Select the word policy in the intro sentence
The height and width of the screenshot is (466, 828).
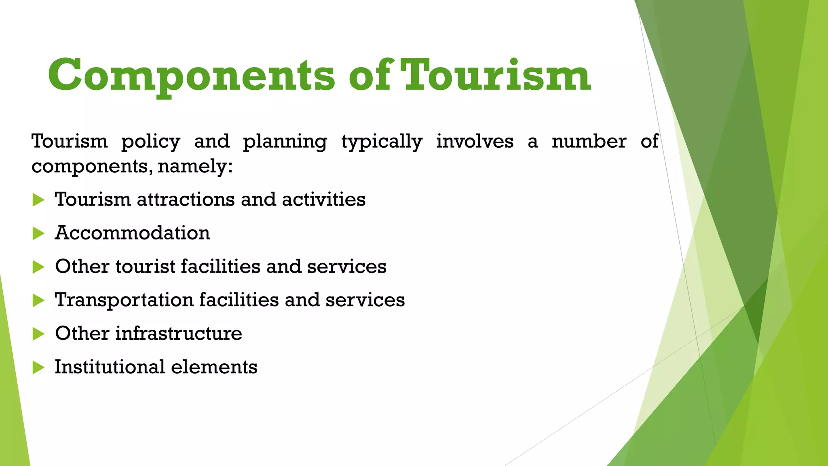(151, 142)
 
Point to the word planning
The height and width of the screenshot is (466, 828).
(285, 142)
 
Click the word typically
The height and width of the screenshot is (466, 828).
(382, 142)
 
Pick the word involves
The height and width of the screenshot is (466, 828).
(475, 141)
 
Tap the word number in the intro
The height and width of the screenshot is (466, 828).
(589, 141)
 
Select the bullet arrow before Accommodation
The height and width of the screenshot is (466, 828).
(38, 233)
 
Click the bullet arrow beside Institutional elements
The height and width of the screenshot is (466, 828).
(38, 367)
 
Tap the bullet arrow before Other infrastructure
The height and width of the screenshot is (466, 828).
(38, 334)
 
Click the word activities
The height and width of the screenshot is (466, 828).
(323, 199)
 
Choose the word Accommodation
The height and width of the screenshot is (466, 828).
(133, 233)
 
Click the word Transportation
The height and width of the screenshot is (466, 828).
(124, 300)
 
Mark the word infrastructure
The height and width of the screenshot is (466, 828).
(179, 334)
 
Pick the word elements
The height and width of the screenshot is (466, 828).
(214, 367)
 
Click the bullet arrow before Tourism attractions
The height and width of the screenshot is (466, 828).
(38, 200)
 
